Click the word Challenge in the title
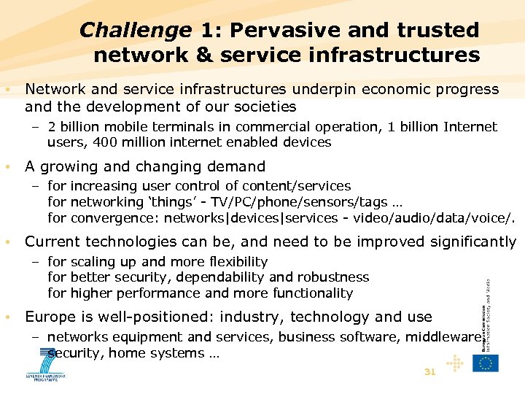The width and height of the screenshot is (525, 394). coord(135,30)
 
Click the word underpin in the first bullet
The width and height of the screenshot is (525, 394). coord(324,89)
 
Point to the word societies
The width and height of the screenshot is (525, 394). coord(261,107)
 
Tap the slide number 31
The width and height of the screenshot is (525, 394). coord(429,372)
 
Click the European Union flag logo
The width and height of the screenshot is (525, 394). coord(485,363)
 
